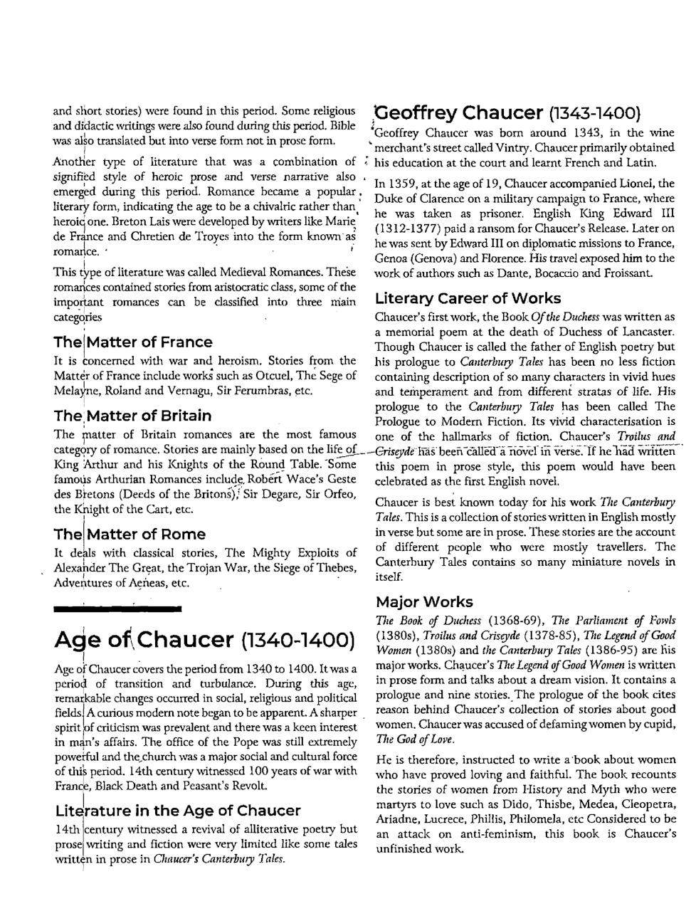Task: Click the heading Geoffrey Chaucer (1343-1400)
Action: pos(508,113)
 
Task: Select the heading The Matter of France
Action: pos(133,342)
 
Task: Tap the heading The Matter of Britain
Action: pos(132,416)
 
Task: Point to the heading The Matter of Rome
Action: pos(130,534)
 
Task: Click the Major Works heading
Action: pos(424,601)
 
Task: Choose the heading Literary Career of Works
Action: pos(468,298)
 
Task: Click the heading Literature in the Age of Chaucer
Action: pos(177,811)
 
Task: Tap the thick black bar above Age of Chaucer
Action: pos(118,609)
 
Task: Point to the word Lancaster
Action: pos(647,332)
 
